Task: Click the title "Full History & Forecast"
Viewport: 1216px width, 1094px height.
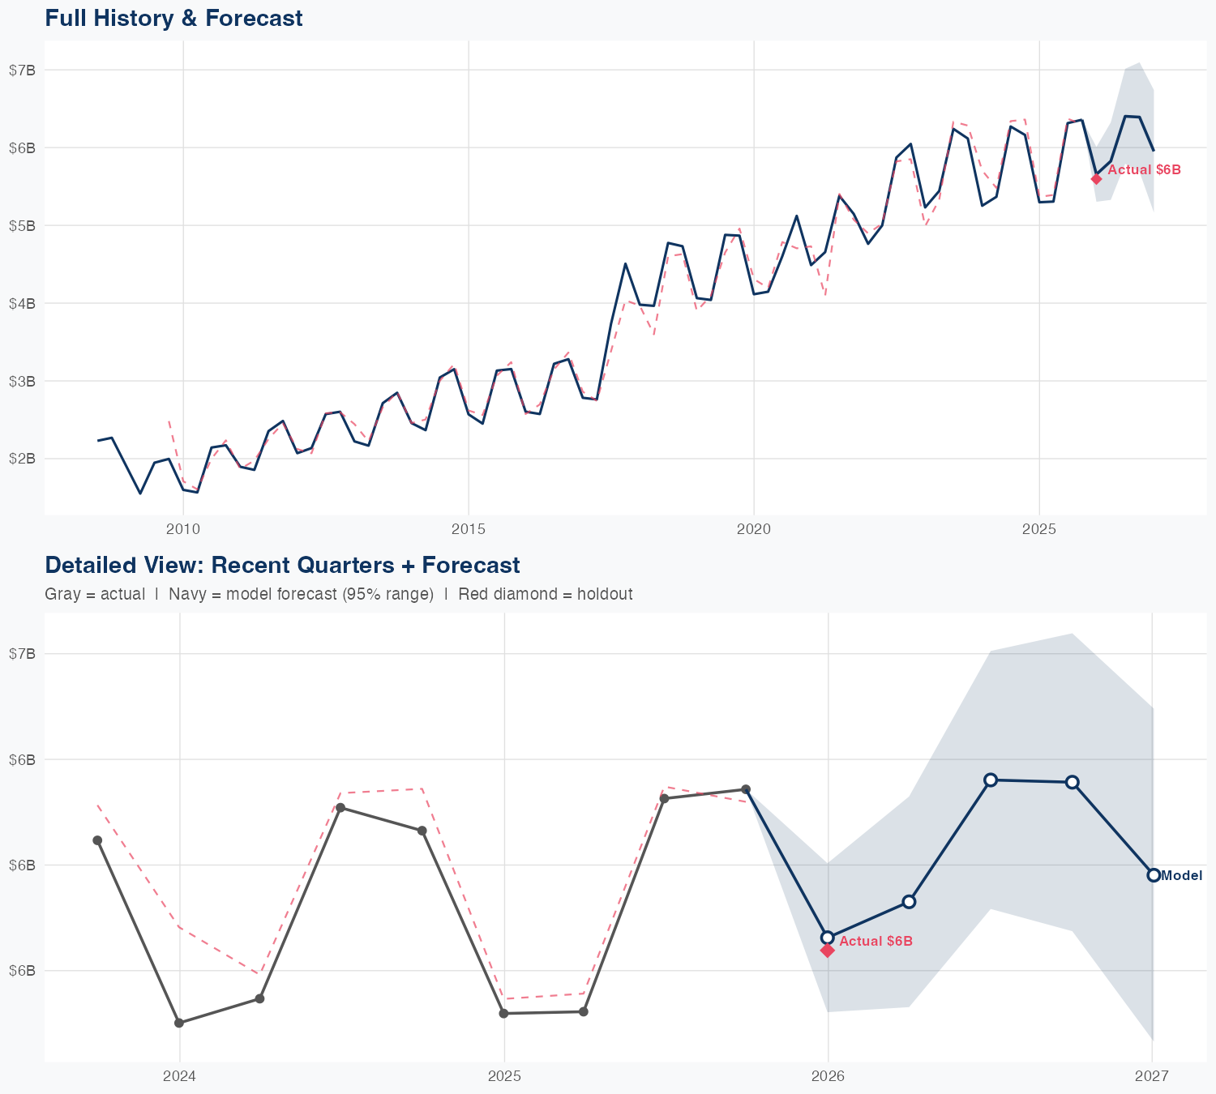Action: click(173, 18)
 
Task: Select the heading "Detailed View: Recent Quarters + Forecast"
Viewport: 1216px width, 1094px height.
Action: click(282, 565)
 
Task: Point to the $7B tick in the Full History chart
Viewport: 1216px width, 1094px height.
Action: click(22, 70)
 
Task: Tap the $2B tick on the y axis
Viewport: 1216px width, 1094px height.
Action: click(22, 459)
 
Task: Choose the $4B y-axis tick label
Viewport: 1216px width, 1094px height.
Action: click(22, 303)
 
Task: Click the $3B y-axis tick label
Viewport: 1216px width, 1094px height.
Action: click(22, 381)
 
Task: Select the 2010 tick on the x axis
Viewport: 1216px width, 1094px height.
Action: click(183, 529)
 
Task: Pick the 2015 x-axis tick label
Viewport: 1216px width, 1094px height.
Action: click(469, 529)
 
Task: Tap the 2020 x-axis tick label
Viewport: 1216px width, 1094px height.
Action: click(754, 529)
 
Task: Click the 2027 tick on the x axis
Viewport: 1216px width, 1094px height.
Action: click(1152, 1076)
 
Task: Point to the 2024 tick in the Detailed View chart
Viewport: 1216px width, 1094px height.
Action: click(179, 1076)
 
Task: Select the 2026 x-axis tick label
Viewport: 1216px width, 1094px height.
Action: click(828, 1076)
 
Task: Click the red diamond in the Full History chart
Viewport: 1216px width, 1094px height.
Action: click(1096, 178)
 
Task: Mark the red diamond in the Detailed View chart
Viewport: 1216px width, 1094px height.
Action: click(828, 951)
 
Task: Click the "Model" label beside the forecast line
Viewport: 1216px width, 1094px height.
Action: click(1181, 875)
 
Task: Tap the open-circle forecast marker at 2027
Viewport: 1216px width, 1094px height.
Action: click(1153, 875)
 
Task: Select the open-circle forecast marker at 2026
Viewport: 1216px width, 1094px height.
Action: click(828, 938)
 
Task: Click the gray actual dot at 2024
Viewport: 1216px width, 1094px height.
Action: click(179, 1023)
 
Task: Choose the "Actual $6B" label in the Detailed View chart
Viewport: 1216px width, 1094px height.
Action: click(876, 941)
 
